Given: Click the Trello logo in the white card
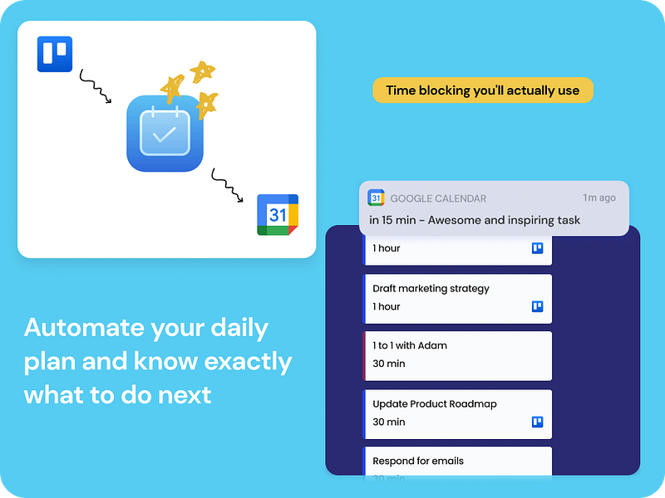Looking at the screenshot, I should coord(55,55).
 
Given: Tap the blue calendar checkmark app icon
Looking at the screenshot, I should coord(165,134).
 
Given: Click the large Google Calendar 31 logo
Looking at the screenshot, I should coord(277,214).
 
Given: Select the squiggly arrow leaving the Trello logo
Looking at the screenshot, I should coord(95,86).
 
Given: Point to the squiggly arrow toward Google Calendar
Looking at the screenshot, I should coord(226,185).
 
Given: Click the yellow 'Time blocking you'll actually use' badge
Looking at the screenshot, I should coord(482,90).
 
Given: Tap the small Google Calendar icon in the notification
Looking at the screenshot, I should coord(377,198).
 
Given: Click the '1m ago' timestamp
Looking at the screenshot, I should coord(599,198).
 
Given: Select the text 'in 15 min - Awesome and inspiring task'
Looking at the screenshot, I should coord(475,220).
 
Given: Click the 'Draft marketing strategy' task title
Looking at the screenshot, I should coord(431,289).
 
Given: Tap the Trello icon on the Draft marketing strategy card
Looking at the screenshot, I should coord(538,306).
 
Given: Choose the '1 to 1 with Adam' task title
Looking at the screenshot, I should coord(410,345).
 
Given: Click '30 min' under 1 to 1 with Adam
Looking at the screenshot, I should coord(389,364).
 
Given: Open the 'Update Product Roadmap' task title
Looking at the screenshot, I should coord(435,404).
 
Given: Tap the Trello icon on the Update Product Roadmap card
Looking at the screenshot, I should coord(538,422).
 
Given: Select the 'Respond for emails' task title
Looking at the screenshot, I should coord(418,461).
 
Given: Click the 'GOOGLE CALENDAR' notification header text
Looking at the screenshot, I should coord(438,198).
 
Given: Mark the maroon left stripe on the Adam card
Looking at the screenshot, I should coord(364,356).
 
